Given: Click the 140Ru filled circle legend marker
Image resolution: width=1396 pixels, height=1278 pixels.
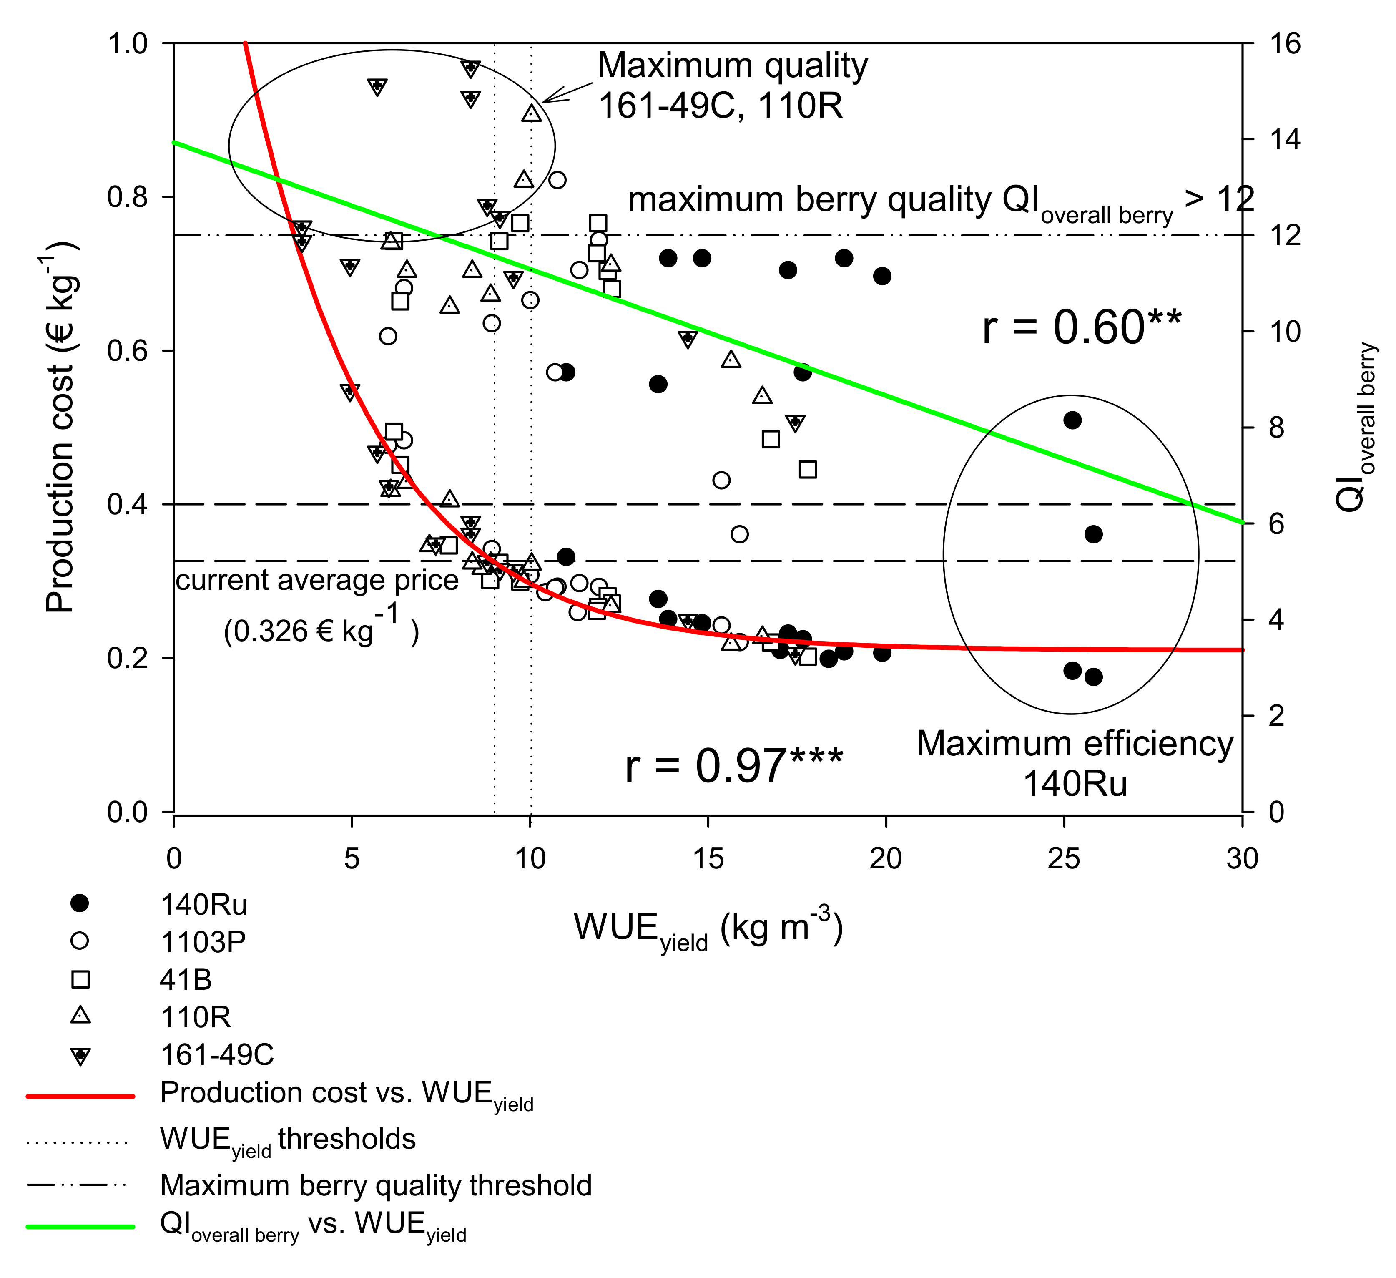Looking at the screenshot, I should pyautogui.click(x=80, y=903).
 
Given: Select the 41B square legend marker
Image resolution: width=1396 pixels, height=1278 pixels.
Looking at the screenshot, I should pyautogui.click(x=80, y=979).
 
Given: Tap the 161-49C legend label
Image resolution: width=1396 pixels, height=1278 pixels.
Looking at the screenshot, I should pyautogui.click(x=217, y=1054).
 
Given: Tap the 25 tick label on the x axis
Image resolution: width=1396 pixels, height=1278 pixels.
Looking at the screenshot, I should pyautogui.click(x=1064, y=859).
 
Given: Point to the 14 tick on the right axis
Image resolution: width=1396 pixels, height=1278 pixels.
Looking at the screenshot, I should pyautogui.click(x=1285, y=140).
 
